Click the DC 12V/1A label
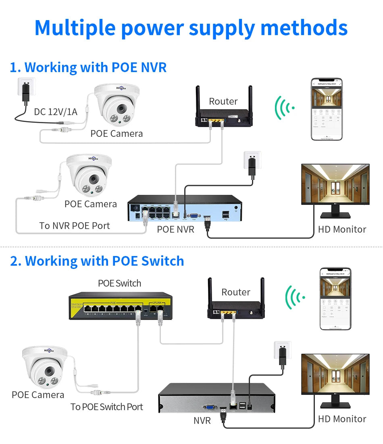55,112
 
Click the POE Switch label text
120,283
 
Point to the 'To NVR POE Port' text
75,226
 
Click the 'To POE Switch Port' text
107,407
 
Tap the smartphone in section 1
327,109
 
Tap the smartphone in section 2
335,299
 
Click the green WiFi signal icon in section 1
284,107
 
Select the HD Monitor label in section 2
342,419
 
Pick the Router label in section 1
223,101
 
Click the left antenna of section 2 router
210,293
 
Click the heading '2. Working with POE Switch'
97,261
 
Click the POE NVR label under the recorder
175,229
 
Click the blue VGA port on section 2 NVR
210,407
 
